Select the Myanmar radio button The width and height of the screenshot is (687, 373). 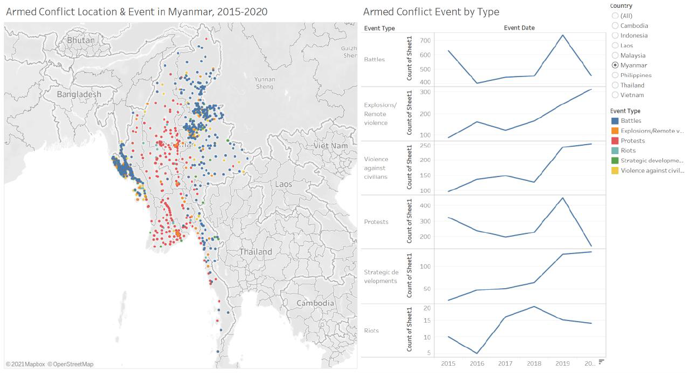(x=615, y=65)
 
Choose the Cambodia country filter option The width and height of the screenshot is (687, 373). (x=615, y=26)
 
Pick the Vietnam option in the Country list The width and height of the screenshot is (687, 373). (x=615, y=95)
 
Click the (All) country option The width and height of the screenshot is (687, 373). (x=615, y=16)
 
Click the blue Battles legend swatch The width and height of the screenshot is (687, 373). (x=615, y=121)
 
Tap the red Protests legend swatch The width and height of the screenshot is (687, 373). (x=615, y=141)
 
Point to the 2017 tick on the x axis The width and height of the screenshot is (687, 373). (x=505, y=364)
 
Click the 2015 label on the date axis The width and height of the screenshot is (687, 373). (x=448, y=364)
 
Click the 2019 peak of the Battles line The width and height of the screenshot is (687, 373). (x=562, y=35)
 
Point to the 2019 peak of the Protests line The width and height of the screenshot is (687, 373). (x=562, y=198)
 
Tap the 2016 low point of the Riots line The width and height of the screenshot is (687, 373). (x=477, y=353)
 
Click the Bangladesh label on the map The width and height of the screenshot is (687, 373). (x=79, y=94)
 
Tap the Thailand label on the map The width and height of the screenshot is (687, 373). (x=256, y=252)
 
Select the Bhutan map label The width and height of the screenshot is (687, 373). (x=81, y=40)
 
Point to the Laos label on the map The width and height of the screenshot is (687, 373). (x=283, y=184)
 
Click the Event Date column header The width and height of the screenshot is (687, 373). (x=519, y=27)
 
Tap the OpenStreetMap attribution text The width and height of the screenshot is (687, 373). (x=70, y=364)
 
